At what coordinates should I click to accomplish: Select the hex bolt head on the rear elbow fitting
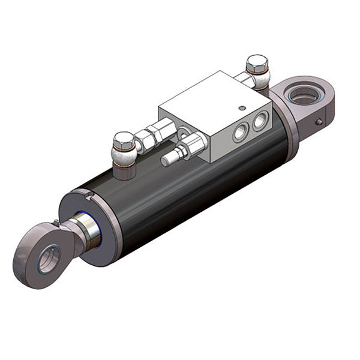pos(257,62)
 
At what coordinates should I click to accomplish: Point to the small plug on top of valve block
pos(241,109)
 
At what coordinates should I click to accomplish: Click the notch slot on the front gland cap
pos(88,194)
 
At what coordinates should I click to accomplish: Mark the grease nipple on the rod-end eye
pos(57,224)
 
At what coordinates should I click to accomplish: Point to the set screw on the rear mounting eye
pos(319,122)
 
